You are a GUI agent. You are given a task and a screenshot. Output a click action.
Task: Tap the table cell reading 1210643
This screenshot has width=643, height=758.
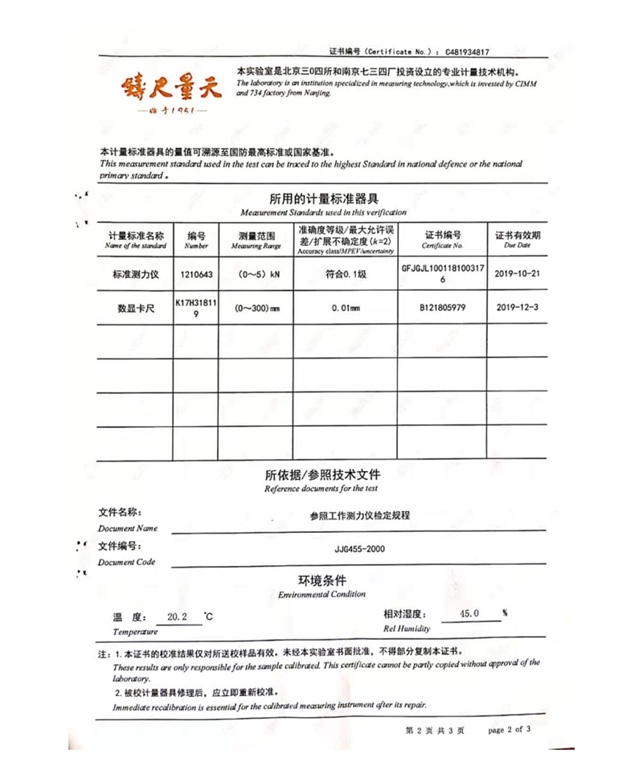[196, 274]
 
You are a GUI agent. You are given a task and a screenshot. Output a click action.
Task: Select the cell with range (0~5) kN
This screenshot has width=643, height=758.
[257, 274]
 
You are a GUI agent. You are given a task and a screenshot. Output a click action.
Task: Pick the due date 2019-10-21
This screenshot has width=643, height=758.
[518, 274]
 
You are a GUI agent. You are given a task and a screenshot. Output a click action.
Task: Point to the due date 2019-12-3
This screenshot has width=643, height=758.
[518, 308]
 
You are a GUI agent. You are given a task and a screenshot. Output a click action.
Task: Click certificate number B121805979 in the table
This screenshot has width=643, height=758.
[442, 308]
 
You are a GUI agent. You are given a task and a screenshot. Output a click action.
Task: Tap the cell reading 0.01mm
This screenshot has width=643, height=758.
[345, 308]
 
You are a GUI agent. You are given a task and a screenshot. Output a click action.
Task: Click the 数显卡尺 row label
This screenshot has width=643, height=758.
[136, 308]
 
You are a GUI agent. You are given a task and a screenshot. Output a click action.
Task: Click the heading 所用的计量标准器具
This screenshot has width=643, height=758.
[324, 199]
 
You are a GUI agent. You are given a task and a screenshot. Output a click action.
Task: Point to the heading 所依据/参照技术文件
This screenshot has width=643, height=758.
[322, 474]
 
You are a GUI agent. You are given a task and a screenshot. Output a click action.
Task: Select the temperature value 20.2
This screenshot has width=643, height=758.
[177, 617]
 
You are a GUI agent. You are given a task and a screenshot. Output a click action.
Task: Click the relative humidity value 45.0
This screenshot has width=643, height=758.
[469, 614]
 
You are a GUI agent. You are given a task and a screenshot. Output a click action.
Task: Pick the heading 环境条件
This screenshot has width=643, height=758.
[322, 580]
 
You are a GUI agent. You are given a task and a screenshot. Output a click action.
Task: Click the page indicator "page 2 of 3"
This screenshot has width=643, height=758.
[510, 729]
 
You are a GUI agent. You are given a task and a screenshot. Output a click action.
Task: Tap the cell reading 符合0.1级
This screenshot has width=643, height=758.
[345, 274]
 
